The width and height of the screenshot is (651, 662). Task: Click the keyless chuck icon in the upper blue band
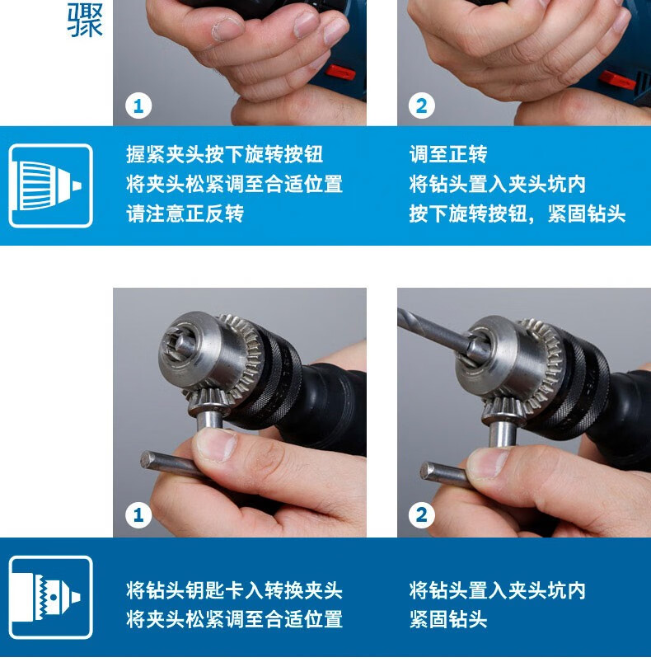click(x=50, y=185)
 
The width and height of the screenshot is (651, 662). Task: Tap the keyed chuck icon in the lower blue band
click(x=50, y=597)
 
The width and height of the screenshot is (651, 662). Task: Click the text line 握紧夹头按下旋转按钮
click(x=224, y=154)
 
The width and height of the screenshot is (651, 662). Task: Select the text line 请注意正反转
click(x=185, y=214)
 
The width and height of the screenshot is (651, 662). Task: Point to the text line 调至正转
click(x=448, y=154)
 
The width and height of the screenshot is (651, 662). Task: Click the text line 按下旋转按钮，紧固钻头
click(x=518, y=214)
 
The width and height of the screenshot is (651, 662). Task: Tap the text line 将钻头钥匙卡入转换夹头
click(x=234, y=589)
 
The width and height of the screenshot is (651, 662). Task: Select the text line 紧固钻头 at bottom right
click(x=448, y=619)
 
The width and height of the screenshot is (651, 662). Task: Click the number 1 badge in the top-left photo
click(x=138, y=106)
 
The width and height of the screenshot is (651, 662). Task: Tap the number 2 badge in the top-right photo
click(x=421, y=106)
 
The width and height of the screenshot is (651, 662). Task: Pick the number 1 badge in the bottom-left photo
click(x=138, y=515)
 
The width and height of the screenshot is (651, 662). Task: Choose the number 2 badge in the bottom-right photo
click(x=421, y=515)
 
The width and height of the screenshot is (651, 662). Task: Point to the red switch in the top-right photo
click(x=617, y=80)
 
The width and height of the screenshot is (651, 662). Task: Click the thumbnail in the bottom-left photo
click(x=216, y=444)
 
